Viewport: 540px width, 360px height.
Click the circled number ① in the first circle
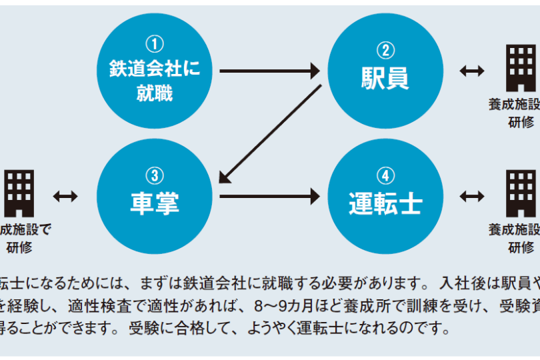[154, 45]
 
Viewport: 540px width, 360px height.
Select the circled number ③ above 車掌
[154, 175]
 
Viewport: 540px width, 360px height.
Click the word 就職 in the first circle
[154, 93]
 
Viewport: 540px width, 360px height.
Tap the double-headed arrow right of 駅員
[472, 71]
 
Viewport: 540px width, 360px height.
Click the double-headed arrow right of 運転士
[472, 195]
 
